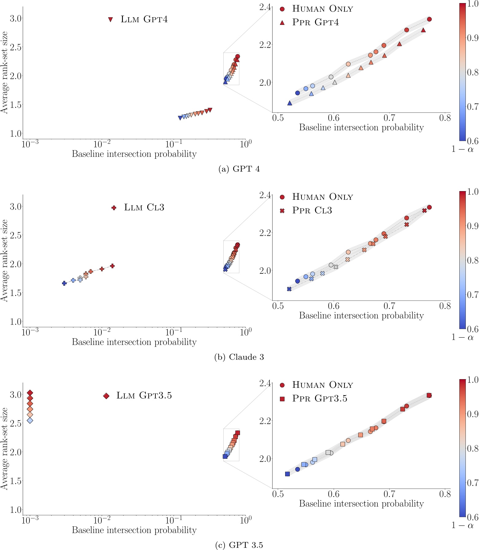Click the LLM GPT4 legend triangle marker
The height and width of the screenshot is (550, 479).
coord(111,19)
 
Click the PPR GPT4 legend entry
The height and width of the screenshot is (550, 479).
coord(316,22)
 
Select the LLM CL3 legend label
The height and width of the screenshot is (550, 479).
coord(144,207)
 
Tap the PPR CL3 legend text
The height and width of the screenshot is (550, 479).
coord(312,210)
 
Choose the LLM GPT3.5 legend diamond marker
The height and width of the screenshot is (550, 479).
coord(106,396)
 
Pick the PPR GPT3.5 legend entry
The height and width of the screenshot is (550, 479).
coord(320,399)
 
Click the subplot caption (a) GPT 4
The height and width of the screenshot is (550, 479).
coord(239,169)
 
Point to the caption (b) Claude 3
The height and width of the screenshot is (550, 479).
coord(239,357)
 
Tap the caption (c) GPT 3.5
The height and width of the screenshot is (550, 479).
coord(239,545)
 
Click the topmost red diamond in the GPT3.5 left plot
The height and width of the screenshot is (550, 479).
coord(30,393)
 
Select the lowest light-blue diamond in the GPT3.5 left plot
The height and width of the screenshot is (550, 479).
coord(30,420)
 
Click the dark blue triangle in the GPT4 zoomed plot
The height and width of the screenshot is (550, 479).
coord(289,103)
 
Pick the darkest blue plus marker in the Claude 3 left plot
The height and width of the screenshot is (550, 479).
coord(64,283)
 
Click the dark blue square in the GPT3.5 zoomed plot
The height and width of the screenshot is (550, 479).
coord(287,474)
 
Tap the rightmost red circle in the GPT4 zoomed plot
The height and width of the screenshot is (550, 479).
coord(429,19)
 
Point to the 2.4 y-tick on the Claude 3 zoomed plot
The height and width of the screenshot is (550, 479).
coord(265,195)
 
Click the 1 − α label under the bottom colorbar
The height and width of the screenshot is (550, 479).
coord(462,525)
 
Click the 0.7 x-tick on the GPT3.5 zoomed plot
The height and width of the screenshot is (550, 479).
coord(389,494)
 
